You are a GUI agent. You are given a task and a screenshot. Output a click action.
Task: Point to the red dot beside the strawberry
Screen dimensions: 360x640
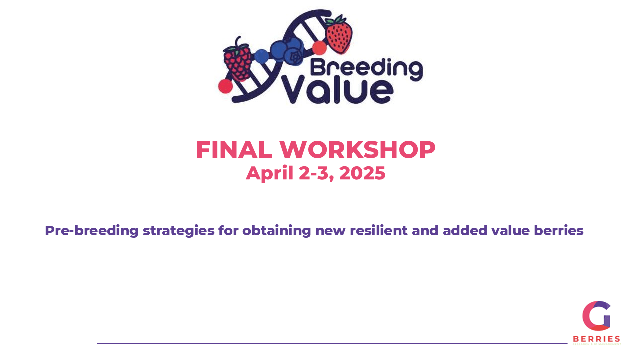click(x=319, y=48)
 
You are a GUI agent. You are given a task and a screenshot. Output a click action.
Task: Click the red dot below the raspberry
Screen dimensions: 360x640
click(x=225, y=86)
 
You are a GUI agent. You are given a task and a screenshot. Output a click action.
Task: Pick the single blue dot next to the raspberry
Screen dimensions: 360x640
click(x=261, y=56)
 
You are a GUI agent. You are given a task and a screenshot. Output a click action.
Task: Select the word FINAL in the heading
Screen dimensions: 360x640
click(x=234, y=150)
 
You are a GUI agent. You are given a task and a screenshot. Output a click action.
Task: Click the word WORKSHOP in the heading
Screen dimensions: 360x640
click(x=357, y=150)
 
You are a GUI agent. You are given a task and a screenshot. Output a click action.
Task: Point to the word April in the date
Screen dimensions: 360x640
click(x=270, y=173)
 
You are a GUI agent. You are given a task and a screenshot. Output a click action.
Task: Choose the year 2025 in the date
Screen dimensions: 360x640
click(x=362, y=173)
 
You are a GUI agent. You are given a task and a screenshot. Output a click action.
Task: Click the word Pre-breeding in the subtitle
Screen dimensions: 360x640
click(x=91, y=231)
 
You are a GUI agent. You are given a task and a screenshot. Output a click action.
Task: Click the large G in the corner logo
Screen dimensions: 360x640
click(x=596, y=316)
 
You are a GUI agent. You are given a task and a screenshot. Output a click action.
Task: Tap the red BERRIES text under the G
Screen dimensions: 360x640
click(x=596, y=339)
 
